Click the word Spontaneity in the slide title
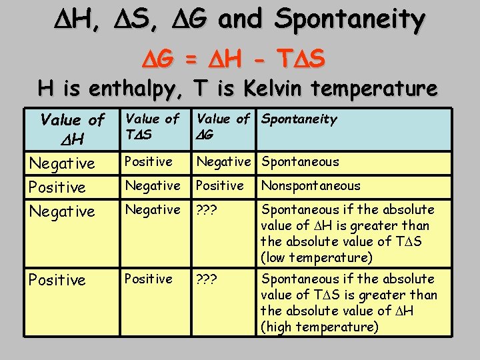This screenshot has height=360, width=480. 349,21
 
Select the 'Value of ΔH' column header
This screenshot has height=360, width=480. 72,129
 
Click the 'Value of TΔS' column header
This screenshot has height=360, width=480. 152,127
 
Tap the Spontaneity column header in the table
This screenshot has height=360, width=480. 299,119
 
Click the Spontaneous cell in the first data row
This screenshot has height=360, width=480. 300,162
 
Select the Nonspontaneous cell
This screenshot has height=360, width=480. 311,186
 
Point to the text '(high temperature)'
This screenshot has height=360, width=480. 319,327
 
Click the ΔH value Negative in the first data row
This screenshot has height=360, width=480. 61,163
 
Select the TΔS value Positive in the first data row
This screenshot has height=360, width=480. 149,162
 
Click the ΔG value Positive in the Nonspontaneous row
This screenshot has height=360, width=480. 219,186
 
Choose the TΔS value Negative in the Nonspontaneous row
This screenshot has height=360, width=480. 153,186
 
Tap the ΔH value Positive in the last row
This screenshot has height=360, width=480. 57,280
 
